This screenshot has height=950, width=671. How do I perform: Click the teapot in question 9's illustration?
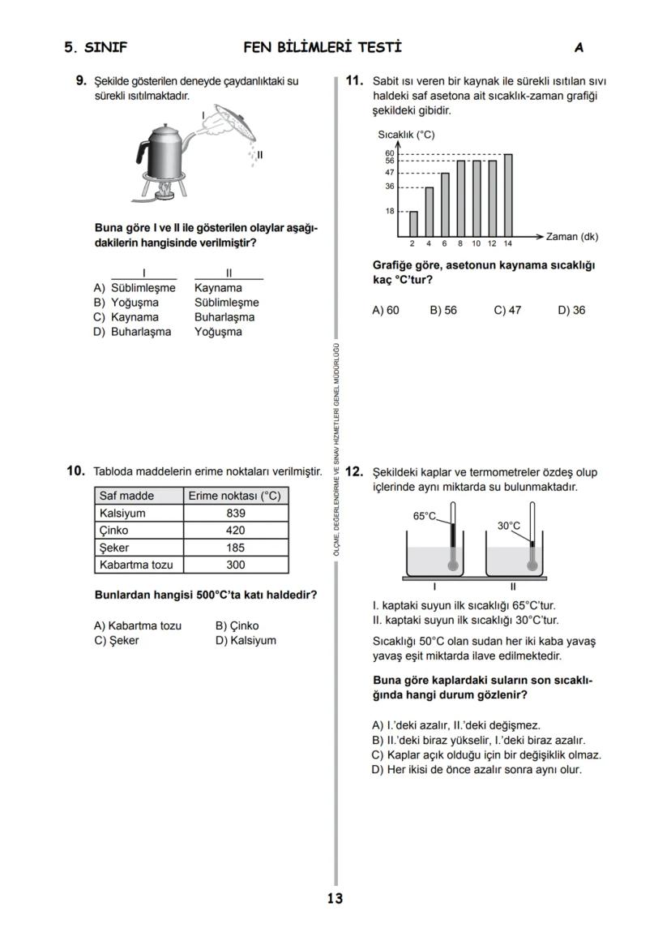pos(165,148)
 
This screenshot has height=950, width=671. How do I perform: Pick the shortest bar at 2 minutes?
pos(413,223)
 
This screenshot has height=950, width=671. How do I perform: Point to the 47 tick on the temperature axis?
pos(390,173)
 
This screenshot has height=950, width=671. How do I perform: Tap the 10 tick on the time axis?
pos(476,243)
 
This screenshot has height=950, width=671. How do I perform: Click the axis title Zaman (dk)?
pos(572,237)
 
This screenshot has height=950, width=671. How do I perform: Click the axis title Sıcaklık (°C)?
pos(406,135)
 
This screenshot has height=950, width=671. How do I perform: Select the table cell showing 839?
pos(236,514)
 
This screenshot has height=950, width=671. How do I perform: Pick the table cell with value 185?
pos(236,548)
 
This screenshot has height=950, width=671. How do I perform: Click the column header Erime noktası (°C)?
pos(234,496)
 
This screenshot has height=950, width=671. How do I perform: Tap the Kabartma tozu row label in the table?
pos(136,565)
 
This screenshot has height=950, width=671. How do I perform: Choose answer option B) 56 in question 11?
pos(443,310)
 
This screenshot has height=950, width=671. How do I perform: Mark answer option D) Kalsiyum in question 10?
pos(246,640)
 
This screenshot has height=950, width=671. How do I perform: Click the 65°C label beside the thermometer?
pos(425,516)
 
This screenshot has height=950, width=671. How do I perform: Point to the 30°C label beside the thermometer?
pos(509,526)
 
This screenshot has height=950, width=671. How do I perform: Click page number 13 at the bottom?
pos(335,898)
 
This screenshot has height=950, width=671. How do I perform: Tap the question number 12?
pos(354,471)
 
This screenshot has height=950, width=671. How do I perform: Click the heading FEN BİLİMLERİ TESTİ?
pos(323,47)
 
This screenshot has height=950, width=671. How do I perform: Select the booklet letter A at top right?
pos(579,48)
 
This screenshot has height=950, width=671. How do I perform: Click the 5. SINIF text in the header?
pos(96,47)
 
